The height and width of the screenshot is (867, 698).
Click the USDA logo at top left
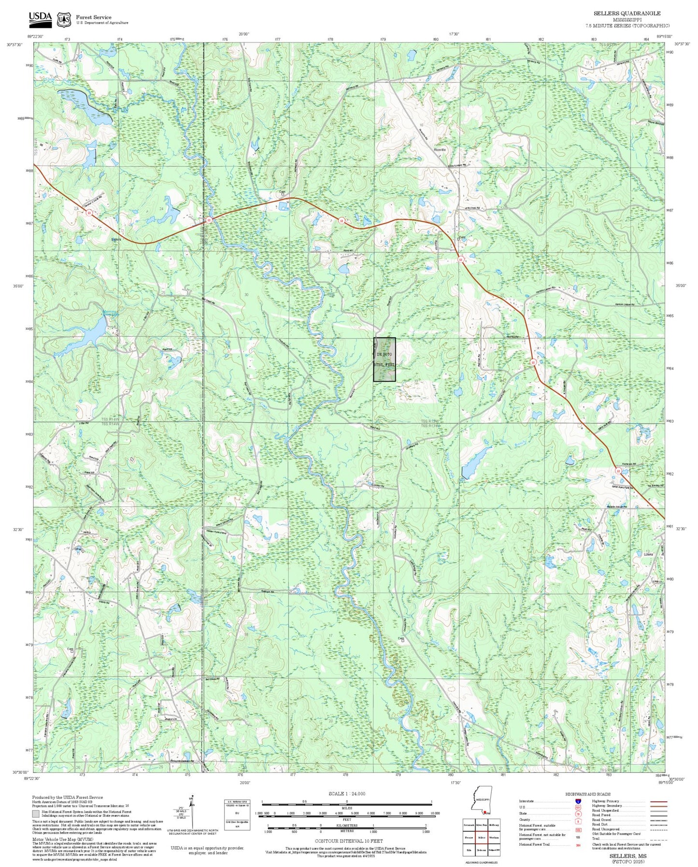tap(40, 18)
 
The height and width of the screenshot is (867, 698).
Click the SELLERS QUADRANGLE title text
tap(627, 14)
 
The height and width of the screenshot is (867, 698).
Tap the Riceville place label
tap(440, 150)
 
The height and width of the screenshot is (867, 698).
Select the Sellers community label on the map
tap(116, 239)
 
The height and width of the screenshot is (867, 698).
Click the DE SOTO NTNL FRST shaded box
tap(385, 360)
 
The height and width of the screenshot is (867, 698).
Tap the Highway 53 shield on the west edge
tap(89, 213)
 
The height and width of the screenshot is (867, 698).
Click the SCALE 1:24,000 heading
tap(347, 794)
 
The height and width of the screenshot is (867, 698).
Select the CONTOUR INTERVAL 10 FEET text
tap(348, 841)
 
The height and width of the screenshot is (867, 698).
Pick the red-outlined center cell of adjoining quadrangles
tap(481, 837)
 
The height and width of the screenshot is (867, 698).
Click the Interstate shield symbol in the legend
tap(578, 801)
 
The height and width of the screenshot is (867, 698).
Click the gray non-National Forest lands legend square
tap(36, 814)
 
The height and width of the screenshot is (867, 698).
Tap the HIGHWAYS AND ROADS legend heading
tap(587, 794)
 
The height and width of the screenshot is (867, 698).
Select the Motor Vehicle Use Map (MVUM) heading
tap(56, 839)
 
